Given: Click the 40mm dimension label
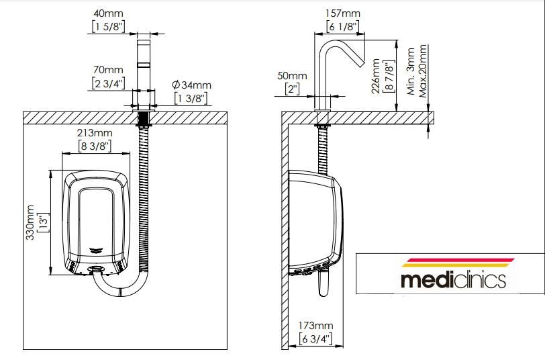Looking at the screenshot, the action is pyautogui.click(x=108, y=13).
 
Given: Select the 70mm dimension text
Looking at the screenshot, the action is pyautogui.click(x=108, y=70).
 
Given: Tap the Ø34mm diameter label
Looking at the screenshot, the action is pyautogui.click(x=191, y=85).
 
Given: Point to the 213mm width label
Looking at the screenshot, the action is pyautogui.click(x=95, y=133).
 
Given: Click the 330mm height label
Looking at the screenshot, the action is pyautogui.click(x=30, y=222).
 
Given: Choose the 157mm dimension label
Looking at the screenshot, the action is pyautogui.click(x=343, y=13).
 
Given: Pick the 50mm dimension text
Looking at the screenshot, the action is pyautogui.click(x=293, y=75).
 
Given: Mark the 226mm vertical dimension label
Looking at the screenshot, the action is pyautogui.click(x=376, y=76).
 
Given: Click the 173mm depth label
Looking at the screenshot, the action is pyautogui.click(x=315, y=326).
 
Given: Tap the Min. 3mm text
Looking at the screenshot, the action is pyautogui.click(x=411, y=71).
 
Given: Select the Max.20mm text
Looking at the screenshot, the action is pyautogui.click(x=423, y=71).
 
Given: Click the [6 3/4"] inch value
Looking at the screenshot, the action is pyautogui.click(x=315, y=339).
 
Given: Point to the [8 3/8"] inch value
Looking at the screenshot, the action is pyautogui.click(x=95, y=146).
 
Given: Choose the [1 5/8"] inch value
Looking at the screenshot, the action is pyautogui.click(x=108, y=26).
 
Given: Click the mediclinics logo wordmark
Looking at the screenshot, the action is pyautogui.click(x=453, y=280).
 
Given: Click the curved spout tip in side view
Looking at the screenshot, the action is pyautogui.click(x=362, y=63).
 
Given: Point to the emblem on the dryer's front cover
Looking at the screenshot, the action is pyautogui.click(x=96, y=249).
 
